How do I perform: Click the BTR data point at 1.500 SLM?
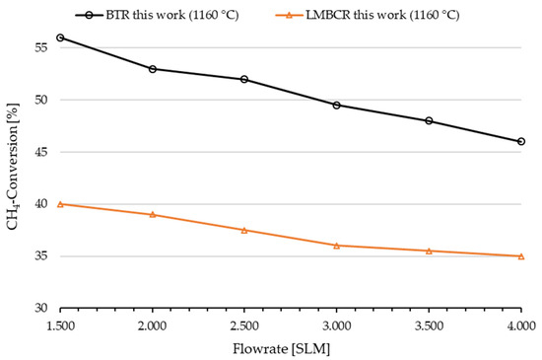(x=60, y=37)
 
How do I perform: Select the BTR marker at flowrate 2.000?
(x=153, y=69)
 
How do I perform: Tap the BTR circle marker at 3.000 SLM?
(x=337, y=105)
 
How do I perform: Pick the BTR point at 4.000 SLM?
(x=521, y=141)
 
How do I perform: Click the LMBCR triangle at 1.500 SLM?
(x=60, y=204)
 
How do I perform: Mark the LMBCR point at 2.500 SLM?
(x=244, y=230)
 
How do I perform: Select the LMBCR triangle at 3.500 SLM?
(x=429, y=251)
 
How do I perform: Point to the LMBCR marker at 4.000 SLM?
(x=521, y=256)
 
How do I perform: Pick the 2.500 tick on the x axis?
(x=244, y=324)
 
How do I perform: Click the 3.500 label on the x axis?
(x=429, y=324)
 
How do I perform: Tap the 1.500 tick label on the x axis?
(x=60, y=324)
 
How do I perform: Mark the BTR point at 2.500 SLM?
(x=244, y=79)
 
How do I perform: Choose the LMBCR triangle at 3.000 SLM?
(x=337, y=245)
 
